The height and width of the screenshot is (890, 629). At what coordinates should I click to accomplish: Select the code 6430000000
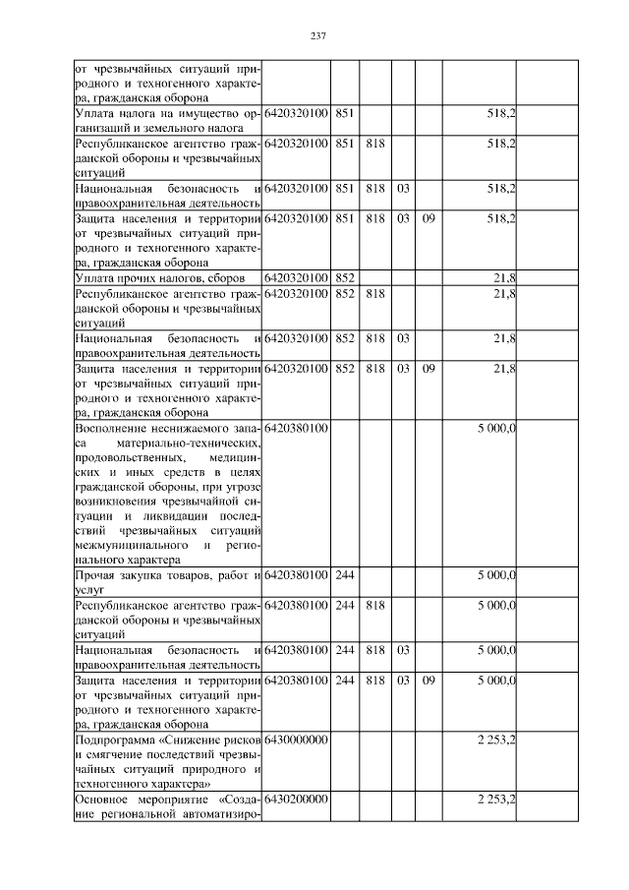pyautogui.click(x=296, y=738)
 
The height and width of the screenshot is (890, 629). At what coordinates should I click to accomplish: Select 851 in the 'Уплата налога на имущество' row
pyautogui.click(x=344, y=114)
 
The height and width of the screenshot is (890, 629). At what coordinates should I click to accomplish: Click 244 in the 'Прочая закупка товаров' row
pyautogui.click(x=344, y=574)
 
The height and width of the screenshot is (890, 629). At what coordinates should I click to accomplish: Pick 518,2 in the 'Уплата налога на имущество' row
pyautogui.click(x=501, y=114)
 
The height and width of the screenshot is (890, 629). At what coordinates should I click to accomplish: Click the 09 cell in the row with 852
pyautogui.click(x=428, y=368)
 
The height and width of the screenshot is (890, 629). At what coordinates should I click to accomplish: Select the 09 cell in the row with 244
pyautogui.click(x=428, y=679)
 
